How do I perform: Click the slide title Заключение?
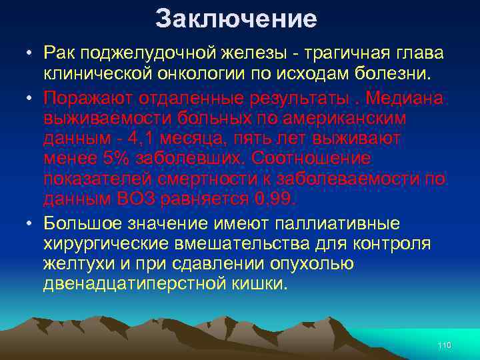coord(236,19)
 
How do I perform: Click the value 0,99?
coord(275,199)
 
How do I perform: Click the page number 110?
coord(445,345)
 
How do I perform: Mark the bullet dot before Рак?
coord(31,53)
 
